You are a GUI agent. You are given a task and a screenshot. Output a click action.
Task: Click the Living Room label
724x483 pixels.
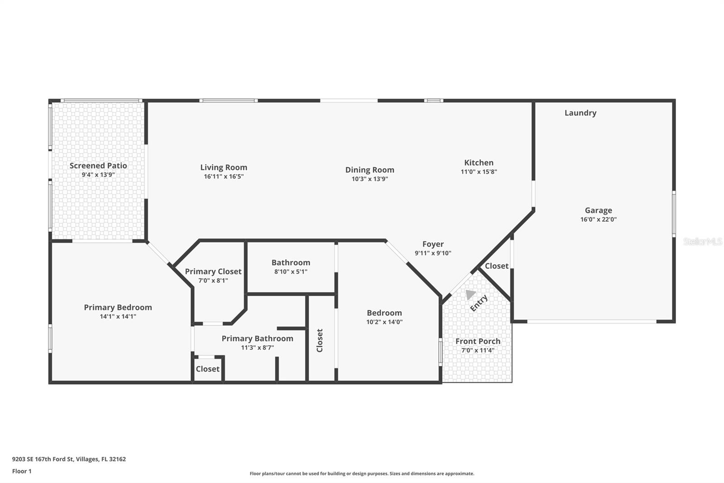(x=224, y=167)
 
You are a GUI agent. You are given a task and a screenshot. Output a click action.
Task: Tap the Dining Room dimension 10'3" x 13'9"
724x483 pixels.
(x=370, y=179)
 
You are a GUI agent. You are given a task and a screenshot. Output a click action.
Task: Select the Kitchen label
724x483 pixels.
(x=479, y=162)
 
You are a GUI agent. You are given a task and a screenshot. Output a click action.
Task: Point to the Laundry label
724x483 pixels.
(x=580, y=113)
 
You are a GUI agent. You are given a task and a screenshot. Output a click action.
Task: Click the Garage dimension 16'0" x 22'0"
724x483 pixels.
(x=598, y=219)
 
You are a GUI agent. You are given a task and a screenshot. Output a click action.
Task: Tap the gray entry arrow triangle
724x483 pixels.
(x=470, y=295)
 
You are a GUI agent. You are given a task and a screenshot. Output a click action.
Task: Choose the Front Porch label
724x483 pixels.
(x=478, y=341)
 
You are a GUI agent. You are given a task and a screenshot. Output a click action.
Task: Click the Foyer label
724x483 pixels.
(x=433, y=244)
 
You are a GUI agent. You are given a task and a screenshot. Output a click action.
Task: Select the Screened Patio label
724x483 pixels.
(x=98, y=165)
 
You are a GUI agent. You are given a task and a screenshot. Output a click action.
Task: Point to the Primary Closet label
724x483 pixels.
(x=213, y=271)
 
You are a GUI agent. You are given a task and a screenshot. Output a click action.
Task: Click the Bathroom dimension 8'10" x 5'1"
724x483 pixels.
(x=291, y=272)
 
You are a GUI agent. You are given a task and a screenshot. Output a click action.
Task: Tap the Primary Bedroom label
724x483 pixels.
(x=118, y=307)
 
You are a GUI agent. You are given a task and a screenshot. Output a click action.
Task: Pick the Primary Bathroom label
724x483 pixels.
(x=257, y=338)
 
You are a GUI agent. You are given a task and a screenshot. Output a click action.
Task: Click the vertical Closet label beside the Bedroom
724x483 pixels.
(x=319, y=340)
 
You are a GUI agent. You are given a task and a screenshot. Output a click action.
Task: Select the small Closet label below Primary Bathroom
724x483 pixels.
(x=208, y=369)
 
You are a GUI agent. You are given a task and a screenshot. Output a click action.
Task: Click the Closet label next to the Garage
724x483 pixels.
(x=496, y=266)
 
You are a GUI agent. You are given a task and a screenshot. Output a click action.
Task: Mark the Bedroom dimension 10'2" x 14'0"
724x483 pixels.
(x=384, y=322)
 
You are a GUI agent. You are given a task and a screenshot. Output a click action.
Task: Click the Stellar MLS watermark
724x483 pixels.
(x=702, y=241)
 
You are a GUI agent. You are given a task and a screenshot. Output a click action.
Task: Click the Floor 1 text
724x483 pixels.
(x=22, y=471)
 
